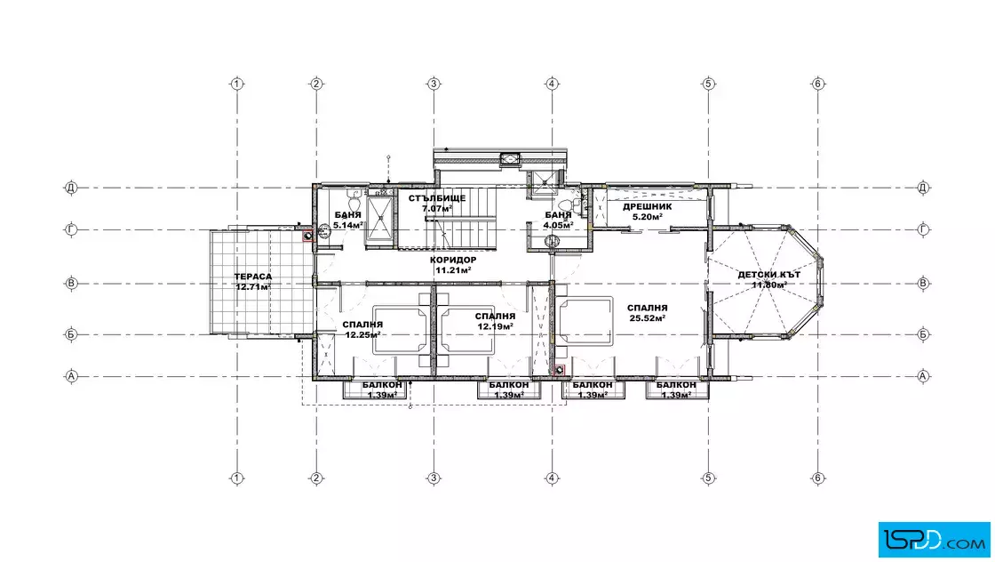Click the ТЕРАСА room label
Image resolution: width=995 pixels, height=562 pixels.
tap(252, 277)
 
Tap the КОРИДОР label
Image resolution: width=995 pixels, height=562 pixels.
tap(453, 261)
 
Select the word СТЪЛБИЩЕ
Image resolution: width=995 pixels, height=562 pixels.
tap(437, 199)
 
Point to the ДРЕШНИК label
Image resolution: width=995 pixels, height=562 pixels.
tap(648, 207)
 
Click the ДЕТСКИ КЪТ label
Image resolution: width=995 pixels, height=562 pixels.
tap(769, 275)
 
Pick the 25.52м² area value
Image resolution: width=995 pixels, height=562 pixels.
tap(648, 318)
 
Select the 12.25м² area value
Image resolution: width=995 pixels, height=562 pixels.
tap(363, 334)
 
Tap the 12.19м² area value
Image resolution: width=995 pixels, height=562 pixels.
tap(496, 326)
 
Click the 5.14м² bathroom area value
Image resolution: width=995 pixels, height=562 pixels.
tap(348, 225)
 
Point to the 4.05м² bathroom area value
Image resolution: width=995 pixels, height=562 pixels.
tap(559, 225)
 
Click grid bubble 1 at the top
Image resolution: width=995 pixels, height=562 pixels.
tap(236, 84)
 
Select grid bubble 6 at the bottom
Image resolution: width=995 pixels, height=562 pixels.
tap(818, 478)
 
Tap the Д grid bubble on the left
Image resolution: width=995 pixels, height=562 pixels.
tap(71, 188)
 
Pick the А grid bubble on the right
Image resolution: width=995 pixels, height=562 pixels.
tap(923, 376)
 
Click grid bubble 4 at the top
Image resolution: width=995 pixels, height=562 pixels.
tap(552, 84)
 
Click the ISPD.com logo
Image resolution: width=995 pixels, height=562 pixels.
tap(934, 540)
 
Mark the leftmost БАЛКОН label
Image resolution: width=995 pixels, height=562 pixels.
tap(382, 385)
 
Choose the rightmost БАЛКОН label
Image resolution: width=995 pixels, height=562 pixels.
tap(676, 385)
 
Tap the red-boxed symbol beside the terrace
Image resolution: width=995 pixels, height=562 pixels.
tap(308, 236)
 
